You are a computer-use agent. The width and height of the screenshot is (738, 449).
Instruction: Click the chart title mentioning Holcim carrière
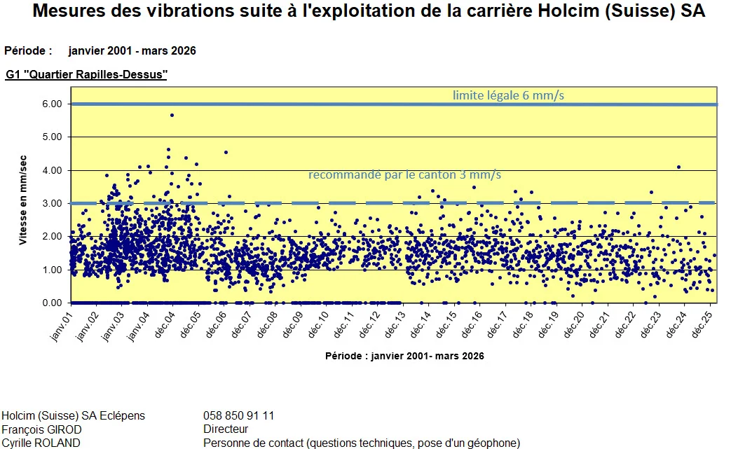pos(369,12)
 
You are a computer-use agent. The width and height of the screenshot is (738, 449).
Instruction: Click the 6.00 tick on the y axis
pos(52,104)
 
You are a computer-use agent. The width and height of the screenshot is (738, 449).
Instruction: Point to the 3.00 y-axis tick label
pos(52,203)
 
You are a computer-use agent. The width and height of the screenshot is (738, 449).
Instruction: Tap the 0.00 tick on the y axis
pos(52,303)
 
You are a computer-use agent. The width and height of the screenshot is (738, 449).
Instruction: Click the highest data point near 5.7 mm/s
pos(172,115)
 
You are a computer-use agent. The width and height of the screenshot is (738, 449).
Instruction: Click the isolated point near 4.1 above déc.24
pos(678,167)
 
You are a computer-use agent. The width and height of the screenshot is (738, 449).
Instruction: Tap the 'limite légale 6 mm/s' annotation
pos(508,95)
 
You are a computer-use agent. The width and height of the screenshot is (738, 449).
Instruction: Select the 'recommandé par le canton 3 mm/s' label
pos(405,174)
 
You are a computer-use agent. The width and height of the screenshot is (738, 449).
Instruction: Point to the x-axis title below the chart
pos(404,356)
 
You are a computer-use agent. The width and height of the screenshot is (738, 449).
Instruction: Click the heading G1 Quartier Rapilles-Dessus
pos(86,74)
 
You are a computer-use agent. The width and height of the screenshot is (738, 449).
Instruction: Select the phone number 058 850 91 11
pos(238,416)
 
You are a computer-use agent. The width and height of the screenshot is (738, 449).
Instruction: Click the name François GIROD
pos(42,429)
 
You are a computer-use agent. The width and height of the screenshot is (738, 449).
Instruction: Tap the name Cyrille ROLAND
pos(41,443)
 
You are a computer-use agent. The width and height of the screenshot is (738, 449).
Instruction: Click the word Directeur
pos(226,429)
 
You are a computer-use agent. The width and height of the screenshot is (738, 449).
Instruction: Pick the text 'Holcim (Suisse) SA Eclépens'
pos(74,416)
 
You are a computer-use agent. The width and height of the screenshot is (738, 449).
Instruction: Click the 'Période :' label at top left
pos(28,50)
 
